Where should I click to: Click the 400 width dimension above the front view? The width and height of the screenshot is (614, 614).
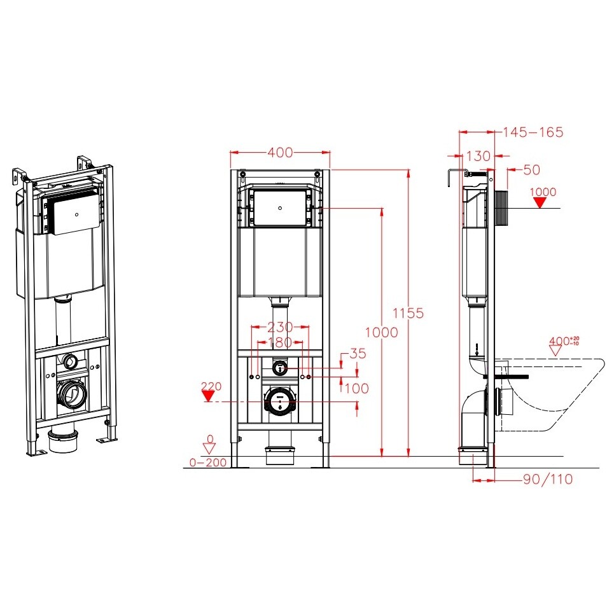(x=280, y=152)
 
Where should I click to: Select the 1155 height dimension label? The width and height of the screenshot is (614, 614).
(x=408, y=313)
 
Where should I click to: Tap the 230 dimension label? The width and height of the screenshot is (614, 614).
(x=280, y=326)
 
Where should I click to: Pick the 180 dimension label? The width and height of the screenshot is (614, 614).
(x=280, y=342)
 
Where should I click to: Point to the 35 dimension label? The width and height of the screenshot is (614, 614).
(x=358, y=354)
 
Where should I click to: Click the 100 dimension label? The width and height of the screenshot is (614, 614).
(x=357, y=389)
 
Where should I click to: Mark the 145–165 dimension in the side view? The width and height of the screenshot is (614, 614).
(x=533, y=132)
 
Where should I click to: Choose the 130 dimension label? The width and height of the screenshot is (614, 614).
(x=478, y=157)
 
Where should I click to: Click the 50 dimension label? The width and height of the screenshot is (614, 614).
(x=532, y=170)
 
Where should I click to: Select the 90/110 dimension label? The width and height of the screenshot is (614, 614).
(x=548, y=479)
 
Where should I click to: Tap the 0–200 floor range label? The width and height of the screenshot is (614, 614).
(x=208, y=463)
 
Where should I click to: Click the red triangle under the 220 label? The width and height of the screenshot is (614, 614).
(x=208, y=396)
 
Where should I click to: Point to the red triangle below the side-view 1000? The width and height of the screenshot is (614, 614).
(x=540, y=203)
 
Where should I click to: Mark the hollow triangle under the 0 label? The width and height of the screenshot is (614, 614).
(x=209, y=449)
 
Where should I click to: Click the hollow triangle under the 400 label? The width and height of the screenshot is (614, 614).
(x=555, y=351)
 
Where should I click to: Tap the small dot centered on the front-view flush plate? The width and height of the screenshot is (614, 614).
(x=280, y=208)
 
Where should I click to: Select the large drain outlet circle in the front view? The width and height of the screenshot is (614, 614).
(x=279, y=401)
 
